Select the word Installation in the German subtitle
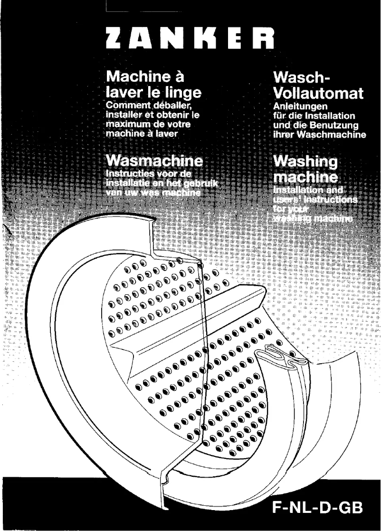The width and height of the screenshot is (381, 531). (332, 116)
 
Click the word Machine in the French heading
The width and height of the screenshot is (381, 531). (136, 76)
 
